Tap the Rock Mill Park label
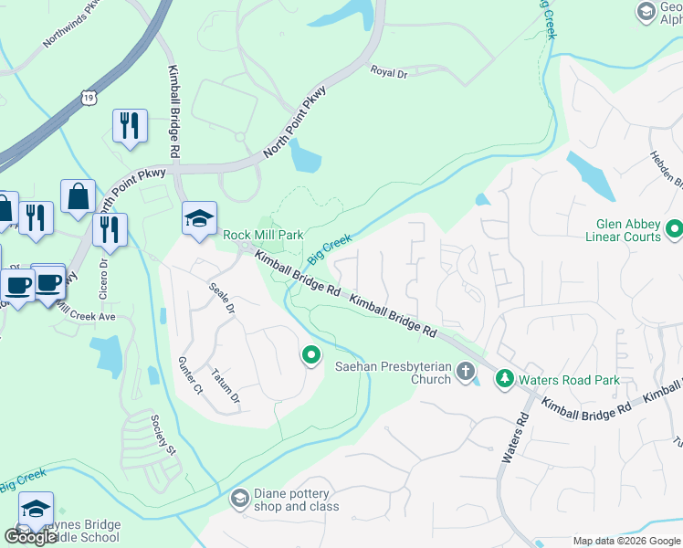pyautogui.click(x=263, y=235)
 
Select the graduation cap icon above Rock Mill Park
pyautogui.click(x=199, y=219)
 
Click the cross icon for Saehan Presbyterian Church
pyautogui.click(x=466, y=371)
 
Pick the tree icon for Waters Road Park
pyautogui.click(x=504, y=378)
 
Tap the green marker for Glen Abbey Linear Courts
pyautogui.click(x=675, y=227)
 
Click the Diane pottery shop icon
pyautogui.click(x=239, y=498)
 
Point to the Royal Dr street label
pyautogui.click(x=388, y=72)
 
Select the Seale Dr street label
pyautogui.click(x=221, y=299)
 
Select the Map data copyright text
pyautogui.click(x=625, y=540)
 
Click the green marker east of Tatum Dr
pyautogui.click(x=311, y=354)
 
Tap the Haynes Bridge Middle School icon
pyautogui.click(x=36, y=510)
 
